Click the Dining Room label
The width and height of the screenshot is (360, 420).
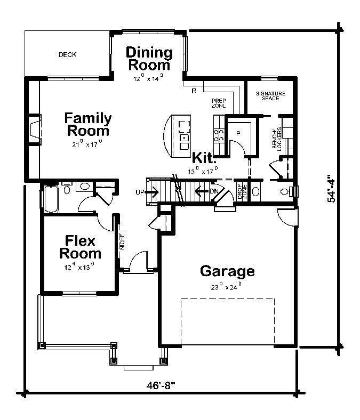(x=149, y=59)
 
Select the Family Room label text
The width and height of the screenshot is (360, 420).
(x=87, y=124)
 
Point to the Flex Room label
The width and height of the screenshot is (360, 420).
(x=80, y=247)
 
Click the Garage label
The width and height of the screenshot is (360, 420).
(x=227, y=271)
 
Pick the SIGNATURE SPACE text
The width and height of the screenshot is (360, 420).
(x=270, y=96)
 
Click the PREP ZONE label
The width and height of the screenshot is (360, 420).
(x=219, y=103)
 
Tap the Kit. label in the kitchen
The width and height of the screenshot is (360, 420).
(x=204, y=158)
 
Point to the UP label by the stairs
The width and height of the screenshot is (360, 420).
(x=140, y=192)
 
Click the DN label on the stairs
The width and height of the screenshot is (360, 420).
(x=214, y=191)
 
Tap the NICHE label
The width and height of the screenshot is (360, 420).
(x=122, y=241)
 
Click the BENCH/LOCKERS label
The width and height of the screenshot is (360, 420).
(x=276, y=139)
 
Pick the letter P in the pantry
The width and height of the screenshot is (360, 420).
(x=238, y=132)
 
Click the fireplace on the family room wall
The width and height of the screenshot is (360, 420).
(x=35, y=130)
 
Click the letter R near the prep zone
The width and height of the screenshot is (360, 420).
(x=194, y=91)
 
